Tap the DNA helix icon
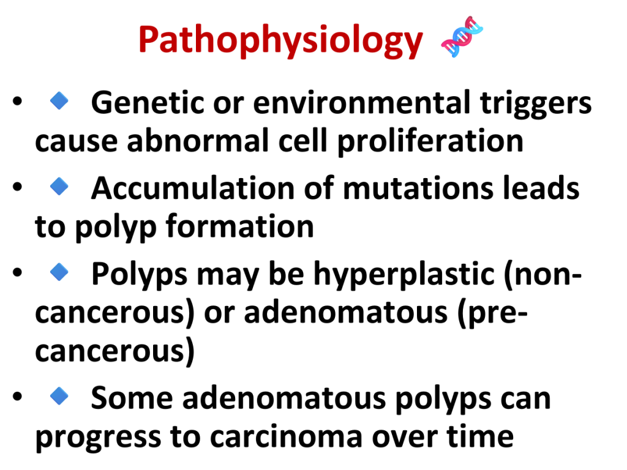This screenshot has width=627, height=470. coord(462,37)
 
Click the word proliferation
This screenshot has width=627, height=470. coord(430,142)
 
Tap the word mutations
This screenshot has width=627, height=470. coord(418,188)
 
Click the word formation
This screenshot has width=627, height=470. coord(240,226)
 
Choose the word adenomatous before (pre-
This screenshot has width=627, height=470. coord(345,313)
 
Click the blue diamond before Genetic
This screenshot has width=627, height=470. coord(59,100)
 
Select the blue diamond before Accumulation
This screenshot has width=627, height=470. coord(59,186)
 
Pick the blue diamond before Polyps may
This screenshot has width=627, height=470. coord(59,272)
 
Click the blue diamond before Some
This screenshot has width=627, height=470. coord(59,396)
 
